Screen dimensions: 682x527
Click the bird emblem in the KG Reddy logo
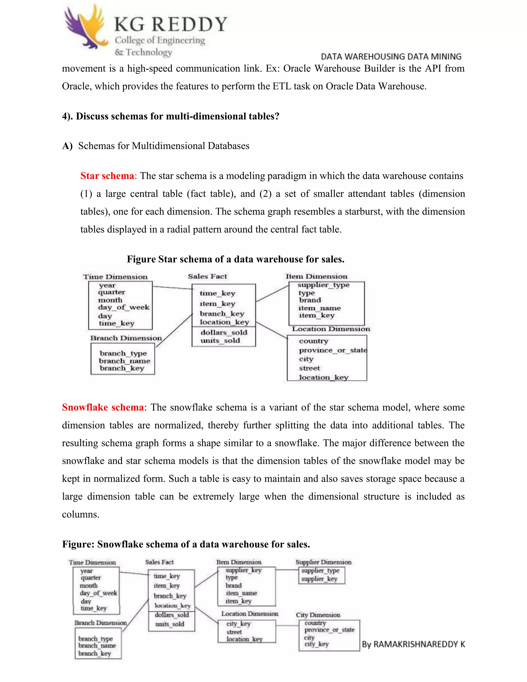(x=85, y=28)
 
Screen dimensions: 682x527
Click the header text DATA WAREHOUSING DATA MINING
(x=391, y=57)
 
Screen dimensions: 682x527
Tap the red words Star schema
(x=107, y=176)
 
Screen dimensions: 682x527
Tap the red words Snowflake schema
(x=103, y=407)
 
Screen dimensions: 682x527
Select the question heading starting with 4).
(x=170, y=116)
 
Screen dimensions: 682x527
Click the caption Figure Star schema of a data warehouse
(x=235, y=259)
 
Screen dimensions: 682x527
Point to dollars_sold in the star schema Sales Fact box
(x=224, y=332)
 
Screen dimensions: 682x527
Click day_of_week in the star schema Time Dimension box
(x=124, y=307)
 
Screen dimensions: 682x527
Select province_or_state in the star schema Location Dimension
(x=333, y=350)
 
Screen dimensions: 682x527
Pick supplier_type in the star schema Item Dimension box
(x=323, y=285)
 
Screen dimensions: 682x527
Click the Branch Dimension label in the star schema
(x=126, y=338)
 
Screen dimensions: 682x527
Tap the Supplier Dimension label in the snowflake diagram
(x=323, y=562)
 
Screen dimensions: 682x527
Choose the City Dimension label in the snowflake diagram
(x=318, y=615)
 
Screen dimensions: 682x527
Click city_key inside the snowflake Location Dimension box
(x=239, y=624)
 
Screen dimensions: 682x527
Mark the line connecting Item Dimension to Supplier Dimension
(x=287, y=570)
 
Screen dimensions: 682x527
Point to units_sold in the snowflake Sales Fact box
(x=170, y=624)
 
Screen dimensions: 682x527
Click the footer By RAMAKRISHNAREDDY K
(x=413, y=644)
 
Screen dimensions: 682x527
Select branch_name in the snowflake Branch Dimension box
(x=97, y=645)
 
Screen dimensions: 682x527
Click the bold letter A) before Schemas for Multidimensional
(x=67, y=146)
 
